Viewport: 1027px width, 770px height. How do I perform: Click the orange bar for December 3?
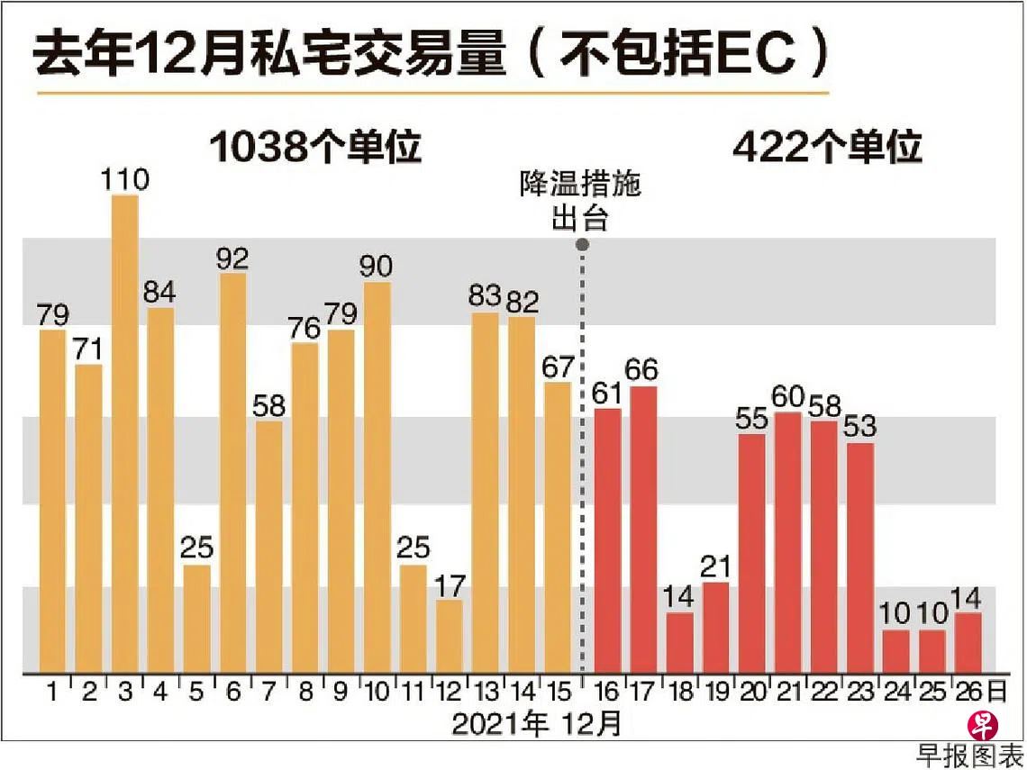click(124, 432)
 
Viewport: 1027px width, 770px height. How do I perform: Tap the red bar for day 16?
click(608, 539)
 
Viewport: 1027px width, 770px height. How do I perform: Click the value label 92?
click(232, 258)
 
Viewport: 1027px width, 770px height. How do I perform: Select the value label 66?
click(643, 370)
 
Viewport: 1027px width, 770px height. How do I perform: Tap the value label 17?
click(449, 585)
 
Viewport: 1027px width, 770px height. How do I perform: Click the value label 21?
click(716, 567)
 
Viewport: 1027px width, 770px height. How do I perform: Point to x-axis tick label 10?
click(377, 693)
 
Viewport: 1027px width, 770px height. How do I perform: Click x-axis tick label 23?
click(859, 693)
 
